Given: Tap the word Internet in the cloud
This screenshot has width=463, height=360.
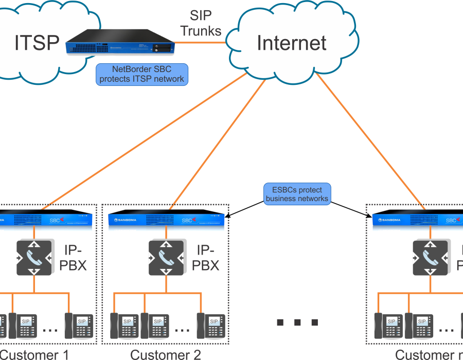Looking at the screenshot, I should point(292,43).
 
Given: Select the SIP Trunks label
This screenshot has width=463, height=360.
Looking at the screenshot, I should point(201,23).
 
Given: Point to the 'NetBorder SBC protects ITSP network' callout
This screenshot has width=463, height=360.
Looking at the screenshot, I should point(141,74).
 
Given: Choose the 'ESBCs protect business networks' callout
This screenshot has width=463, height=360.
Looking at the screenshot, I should point(297,194).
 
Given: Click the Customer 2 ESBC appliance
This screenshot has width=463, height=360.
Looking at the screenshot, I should point(165,220).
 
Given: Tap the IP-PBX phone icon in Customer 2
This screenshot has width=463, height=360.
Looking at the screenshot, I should point(166,257).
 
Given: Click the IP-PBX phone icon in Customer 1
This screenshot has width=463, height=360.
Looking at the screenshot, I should point(34,257).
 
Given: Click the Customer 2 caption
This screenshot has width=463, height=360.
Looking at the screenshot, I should point(165,354).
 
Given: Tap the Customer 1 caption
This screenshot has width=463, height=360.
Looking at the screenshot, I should point(33,354).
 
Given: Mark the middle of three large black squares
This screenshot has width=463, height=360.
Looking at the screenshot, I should point(297,322).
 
